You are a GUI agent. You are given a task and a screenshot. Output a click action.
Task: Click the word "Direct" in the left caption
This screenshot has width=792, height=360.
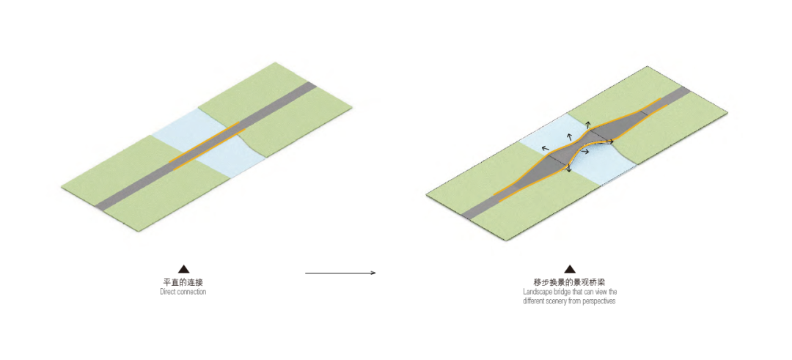[x=168, y=292]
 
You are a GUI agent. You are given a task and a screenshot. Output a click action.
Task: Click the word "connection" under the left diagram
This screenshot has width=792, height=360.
[x=191, y=292]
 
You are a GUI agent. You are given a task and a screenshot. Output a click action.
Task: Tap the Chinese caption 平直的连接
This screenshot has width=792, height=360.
[x=183, y=282]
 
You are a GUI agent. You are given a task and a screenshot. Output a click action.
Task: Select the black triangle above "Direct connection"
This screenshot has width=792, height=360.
[x=184, y=269]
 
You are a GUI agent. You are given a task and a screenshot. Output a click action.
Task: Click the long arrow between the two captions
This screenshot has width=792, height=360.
[x=340, y=273]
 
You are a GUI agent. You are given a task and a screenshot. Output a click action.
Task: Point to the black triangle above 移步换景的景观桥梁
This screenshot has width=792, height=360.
[x=570, y=269]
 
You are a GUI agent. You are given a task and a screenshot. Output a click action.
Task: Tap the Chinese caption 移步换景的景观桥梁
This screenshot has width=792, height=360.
[x=570, y=282]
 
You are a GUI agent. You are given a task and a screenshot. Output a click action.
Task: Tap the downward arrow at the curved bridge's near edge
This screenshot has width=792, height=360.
[x=568, y=169]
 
